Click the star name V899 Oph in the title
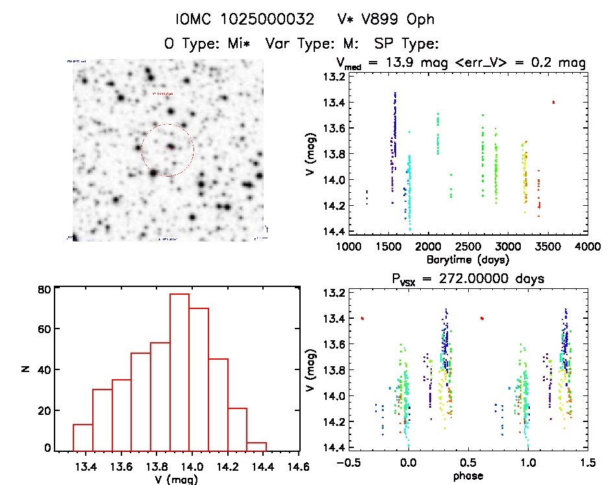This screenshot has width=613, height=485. point(390,19)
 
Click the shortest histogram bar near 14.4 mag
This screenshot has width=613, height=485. point(256,445)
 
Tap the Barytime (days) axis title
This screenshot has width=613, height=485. point(468,259)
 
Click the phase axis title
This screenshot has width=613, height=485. point(468,477)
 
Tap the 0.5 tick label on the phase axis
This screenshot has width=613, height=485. point(468,464)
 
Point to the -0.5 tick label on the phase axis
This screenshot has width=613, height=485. point(345,464)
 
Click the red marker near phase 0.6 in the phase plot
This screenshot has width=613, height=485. point(482,318)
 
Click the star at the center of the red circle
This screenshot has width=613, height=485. point(170,147)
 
